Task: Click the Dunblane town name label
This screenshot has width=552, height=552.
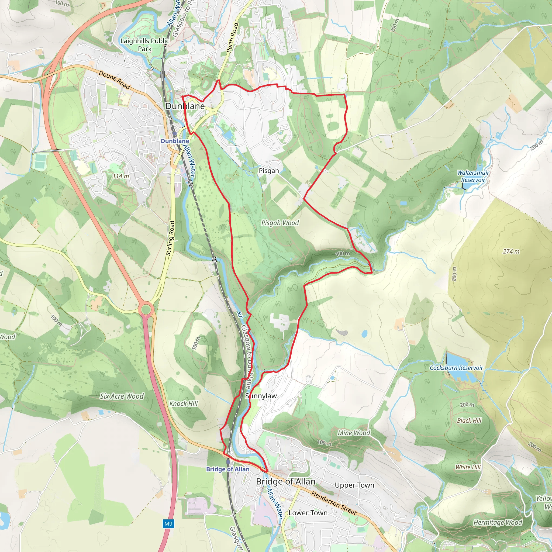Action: [185, 106]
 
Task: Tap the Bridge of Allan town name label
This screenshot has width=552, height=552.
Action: [286, 481]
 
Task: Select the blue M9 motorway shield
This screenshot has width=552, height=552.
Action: [168, 524]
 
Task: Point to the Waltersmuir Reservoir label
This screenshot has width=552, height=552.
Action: [473, 176]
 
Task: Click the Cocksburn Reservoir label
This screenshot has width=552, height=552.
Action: [456, 368]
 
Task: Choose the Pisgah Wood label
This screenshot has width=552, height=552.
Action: [280, 223]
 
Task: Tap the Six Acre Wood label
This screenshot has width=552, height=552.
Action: [122, 396]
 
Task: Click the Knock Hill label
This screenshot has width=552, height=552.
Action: [184, 403]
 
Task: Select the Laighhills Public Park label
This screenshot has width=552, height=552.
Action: [144, 44]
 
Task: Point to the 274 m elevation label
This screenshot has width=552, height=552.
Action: [511, 251]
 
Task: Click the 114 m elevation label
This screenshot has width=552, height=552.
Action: [121, 176]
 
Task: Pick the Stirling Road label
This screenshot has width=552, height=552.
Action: [170, 238]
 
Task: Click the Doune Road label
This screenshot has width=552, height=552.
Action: [114, 80]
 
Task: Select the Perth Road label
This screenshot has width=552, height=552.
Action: [232, 37]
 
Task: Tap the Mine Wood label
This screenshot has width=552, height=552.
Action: [354, 433]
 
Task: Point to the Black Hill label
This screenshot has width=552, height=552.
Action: [469, 420]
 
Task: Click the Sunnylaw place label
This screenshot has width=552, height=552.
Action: [261, 396]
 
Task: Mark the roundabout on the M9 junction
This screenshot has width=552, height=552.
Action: [146, 309]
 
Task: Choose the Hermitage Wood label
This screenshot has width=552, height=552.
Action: [498, 523]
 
